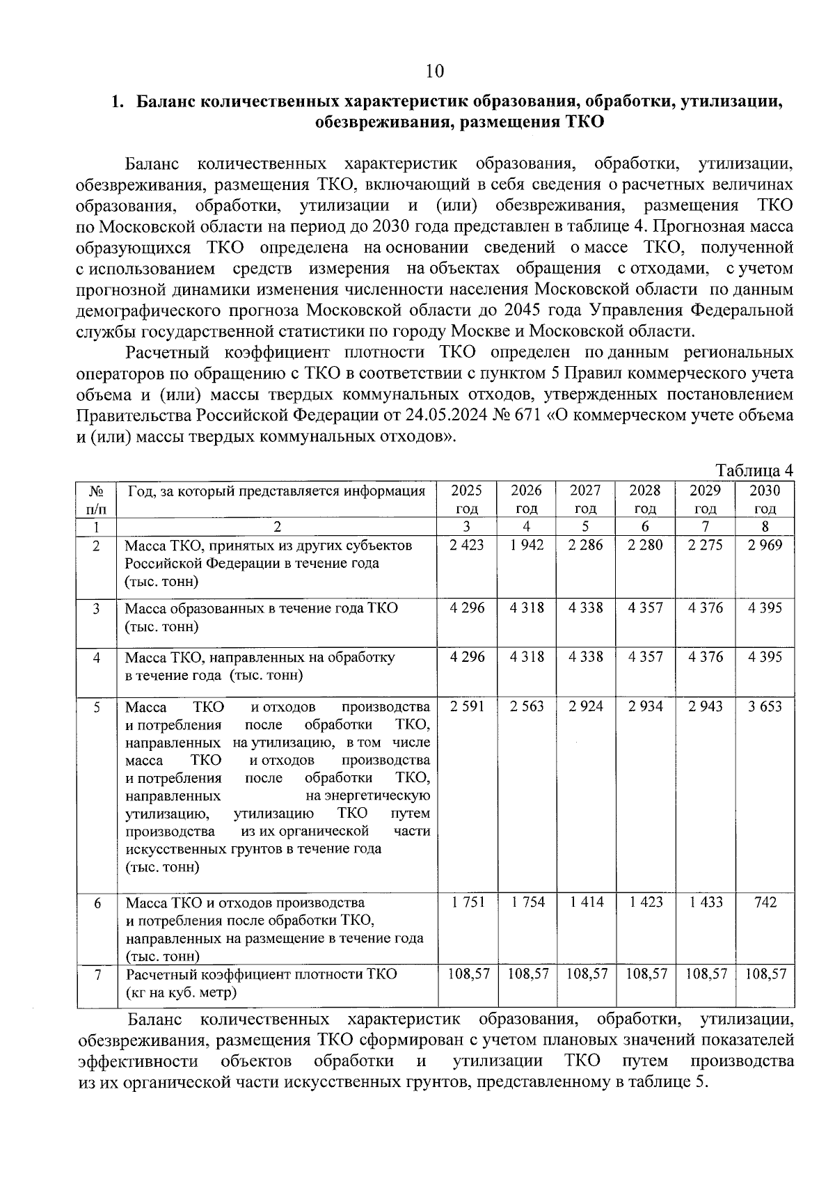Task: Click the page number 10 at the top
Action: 434,71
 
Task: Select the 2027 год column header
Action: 586,499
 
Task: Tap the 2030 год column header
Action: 765,499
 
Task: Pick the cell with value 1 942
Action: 527,545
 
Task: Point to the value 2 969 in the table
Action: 765,545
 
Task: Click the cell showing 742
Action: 765,902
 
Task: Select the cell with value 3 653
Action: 765,706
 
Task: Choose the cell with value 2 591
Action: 467,706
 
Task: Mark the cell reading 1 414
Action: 586,902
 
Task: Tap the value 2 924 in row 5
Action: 586,706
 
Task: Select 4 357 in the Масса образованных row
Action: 645,608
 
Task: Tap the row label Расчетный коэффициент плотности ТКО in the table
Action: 262,974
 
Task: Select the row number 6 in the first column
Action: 97,903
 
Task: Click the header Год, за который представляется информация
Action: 276,491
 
